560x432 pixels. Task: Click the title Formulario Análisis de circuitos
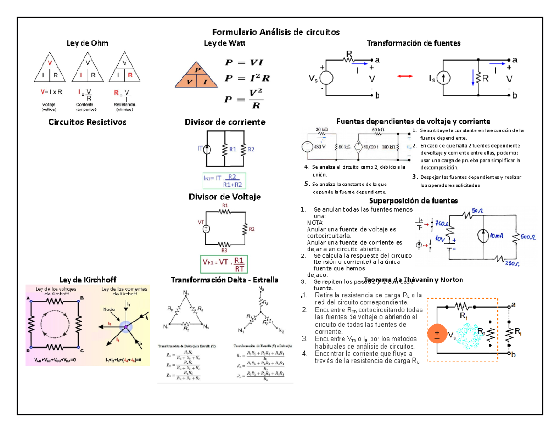276,32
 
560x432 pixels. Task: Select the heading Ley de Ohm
88,43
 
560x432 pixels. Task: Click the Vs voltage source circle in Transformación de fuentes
325,78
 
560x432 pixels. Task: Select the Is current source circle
443,78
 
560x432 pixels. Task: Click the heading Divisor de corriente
225,122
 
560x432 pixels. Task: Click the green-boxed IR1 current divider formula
224,180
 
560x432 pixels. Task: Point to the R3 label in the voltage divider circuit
225,250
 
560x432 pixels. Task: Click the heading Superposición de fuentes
413,200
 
